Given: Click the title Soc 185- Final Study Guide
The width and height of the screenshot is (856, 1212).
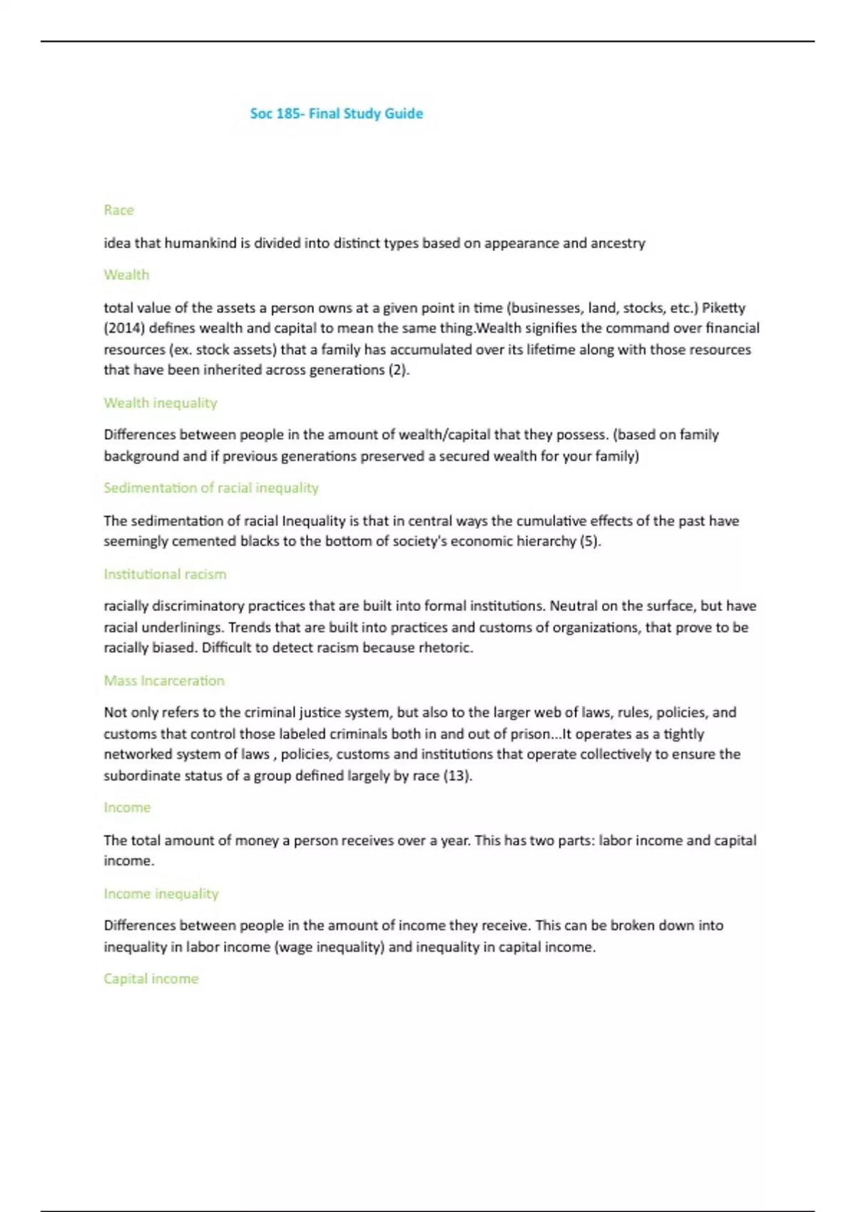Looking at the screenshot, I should pyautogui.click(x=336, y=113).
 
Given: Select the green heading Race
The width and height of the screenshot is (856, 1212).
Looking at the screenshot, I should pyautogui.click(x=118, y=210).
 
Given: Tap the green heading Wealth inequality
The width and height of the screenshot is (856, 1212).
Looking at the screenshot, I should pyautogui.click(x=160, y=403).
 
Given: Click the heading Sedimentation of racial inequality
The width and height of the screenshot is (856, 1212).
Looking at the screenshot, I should pyautogui.click(x=210, y=488).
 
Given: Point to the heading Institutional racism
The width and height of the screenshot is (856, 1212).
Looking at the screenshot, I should pyautogui.click(x=165, y=574).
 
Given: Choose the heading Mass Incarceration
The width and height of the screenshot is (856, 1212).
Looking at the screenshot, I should pyautogui.click(x=164, y=680).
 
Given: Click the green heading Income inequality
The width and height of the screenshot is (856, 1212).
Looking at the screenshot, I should pyautogui.click(x=160, y=893).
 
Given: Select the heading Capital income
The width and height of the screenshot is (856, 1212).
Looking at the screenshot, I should pyautogui.click(x=151, y=978).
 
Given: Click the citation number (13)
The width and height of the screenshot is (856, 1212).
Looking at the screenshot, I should pyautogui.click(x=457, y=776).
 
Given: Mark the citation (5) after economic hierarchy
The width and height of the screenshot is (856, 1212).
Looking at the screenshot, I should pyautogui.click(x=590, y=541).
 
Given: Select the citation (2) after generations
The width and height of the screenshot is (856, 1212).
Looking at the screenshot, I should pyautogui.click(x=399, y=370).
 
